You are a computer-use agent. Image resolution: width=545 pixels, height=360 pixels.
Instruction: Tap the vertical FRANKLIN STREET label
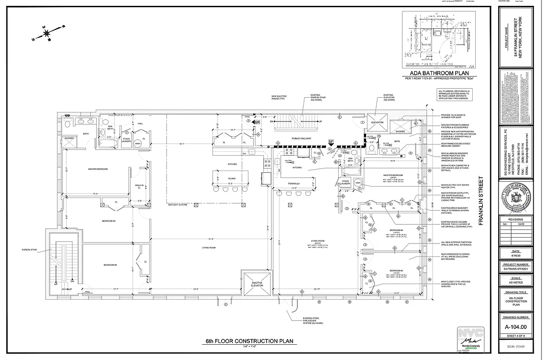pyautogui.click(x=481, y=201)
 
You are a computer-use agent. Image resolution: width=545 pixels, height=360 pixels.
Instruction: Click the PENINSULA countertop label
pyautogui.click(x=294, y=184)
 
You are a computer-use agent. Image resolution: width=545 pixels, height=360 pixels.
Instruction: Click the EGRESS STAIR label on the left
pyautogui.click(x=28, y=249)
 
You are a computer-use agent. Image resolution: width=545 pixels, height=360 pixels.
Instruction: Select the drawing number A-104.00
pyautogui.click(x=516, y=327)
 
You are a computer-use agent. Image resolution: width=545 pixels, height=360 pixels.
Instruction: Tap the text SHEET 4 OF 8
pyautogui.click(x=516, y=336)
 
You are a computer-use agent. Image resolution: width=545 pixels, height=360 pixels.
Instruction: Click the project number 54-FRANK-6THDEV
pyautogui.click(x=516, y=270)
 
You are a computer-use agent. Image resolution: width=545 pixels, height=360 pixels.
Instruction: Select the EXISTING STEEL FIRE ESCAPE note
pyautogui.click(x=314, y=320)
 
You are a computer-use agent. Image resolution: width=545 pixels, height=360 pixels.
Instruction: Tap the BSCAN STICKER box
pyautogui.click(x=516, y=346)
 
